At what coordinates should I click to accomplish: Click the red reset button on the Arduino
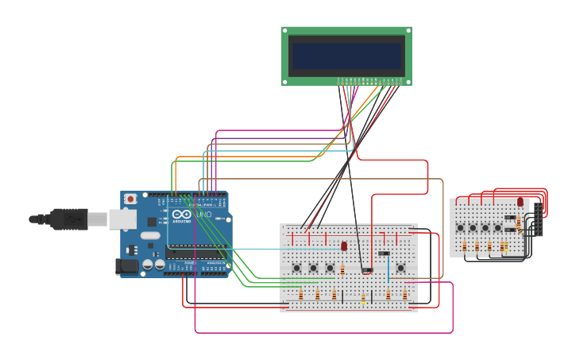[x=130, y=199]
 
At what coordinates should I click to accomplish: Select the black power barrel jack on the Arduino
[x=126, y=267]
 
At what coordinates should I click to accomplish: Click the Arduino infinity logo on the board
[x=182, y=215]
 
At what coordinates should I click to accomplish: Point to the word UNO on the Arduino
[x=203, y=215]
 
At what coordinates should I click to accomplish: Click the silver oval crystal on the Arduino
[x=149, y=235]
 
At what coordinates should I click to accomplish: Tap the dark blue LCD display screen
[x=346, y=56]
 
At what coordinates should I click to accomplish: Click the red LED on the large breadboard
[x=344, y=246]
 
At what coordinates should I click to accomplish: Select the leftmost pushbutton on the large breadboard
[x=297, y=268]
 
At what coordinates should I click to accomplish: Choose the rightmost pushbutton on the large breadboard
[x=400, y=268]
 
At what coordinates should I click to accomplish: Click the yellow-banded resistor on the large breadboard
[x=363, y=298]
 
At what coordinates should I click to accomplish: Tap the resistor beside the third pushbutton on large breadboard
[x=342, y=269]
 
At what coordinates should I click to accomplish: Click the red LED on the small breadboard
[x=520, y=202]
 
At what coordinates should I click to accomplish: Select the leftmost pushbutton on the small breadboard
[x=461, y=228]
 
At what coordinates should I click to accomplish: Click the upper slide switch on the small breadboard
[x=510, y=217]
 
